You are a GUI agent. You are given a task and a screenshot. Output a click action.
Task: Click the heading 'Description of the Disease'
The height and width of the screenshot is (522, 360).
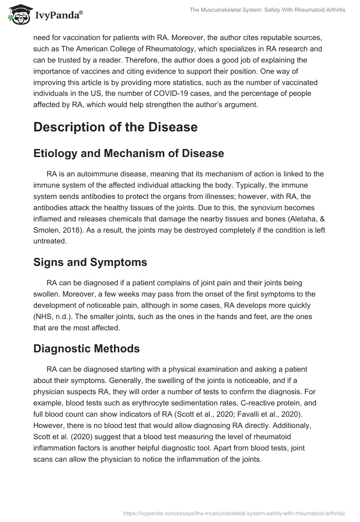(115, 127)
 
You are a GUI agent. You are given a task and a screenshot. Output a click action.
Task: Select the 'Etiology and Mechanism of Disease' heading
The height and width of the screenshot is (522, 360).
(128, 153)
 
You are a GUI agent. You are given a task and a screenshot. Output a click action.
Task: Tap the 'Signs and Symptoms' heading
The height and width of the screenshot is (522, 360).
(90, 262)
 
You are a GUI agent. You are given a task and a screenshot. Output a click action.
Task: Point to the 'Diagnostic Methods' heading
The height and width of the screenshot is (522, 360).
(86, 348)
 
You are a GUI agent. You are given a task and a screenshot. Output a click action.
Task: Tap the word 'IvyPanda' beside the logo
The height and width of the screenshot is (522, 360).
(57, 14)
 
